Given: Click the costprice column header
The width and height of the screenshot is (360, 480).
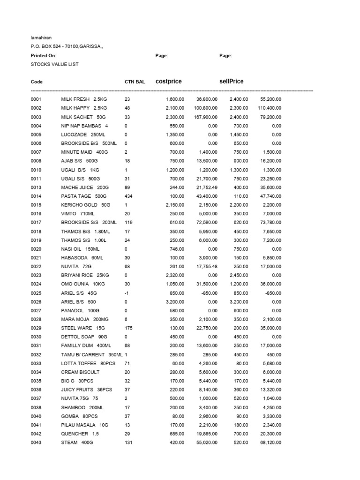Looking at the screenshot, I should click(x=168, y=82).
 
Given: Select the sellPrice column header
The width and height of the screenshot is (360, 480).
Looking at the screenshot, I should click(x=232, y=82).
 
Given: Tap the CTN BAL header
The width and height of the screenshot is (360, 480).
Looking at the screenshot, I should click(x=135, y=82).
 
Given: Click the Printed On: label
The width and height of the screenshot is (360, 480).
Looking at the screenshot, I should click(x=44, y=56).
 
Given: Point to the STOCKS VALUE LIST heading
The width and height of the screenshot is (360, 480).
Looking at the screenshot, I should click(x=54, y=64).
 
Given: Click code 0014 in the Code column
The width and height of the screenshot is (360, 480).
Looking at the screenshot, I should click(x=36, y=196).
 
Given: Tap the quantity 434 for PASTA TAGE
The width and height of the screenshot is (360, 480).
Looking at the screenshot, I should click(x=128, y=196).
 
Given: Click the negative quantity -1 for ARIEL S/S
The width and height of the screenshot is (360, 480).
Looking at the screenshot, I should click(x=127, y=293).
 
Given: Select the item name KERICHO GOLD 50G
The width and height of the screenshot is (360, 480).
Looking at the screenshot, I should click(x=85, y=205).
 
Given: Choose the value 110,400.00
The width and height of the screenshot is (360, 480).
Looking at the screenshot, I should click(x=267, y=108).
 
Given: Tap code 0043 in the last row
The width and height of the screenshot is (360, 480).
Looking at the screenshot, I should click(x=36, y=442).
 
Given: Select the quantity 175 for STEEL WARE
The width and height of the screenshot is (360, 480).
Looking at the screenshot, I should click(x=128, y=328).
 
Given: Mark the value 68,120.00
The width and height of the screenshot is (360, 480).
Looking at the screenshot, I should click(x=269, y=442).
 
